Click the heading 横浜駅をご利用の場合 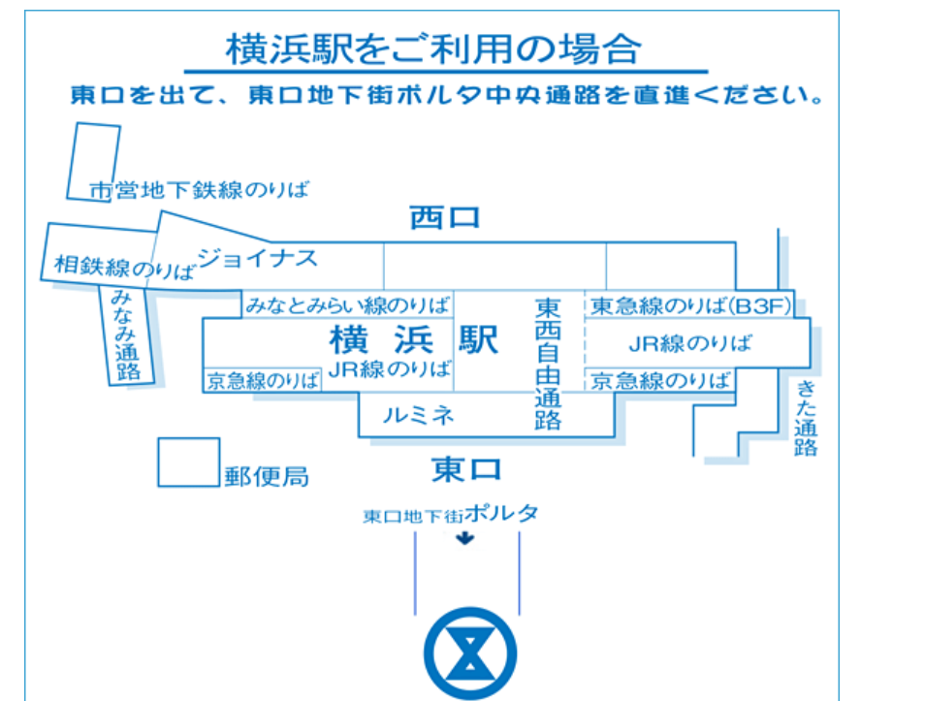point(433,48)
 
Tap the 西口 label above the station point(444,217)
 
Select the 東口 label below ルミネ point(466,470)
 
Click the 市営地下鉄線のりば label point(199,189)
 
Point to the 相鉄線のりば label point(124,266)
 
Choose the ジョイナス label point(257,258)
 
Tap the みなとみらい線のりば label point(347,305)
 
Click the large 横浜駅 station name point(414,339)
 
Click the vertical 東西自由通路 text point(548,363)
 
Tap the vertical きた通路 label point(807,417)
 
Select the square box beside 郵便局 point(188,462)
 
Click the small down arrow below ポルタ point(466,538)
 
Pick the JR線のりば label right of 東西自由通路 point(689,343)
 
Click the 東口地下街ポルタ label point(450,515)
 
